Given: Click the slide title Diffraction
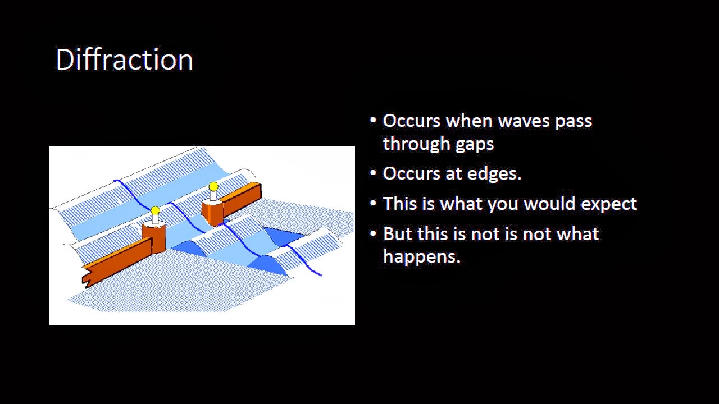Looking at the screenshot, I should coord(124,59).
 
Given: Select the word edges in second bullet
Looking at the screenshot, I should coord(491,174).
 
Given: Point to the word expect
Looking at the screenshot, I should coord(608,204).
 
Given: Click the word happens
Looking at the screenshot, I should coord(421,257).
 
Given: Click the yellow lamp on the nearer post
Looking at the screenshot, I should coord(155,212).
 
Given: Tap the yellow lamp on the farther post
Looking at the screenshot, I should coord(213,187).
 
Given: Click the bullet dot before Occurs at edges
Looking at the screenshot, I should coord(374,173).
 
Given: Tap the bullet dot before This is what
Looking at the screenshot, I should coord(374,204).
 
